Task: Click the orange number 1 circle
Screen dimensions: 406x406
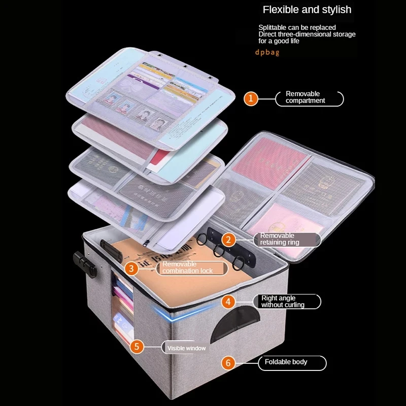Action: (251, 98)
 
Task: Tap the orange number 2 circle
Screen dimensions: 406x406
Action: (228, 240)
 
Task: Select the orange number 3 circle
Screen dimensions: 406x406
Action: (131, 268)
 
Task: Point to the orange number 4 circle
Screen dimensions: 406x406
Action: (228, 302)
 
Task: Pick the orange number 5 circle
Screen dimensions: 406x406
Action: (137, 348)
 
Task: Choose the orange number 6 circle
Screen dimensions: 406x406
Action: (228, 362)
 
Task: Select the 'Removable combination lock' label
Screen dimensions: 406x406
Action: (187, 268)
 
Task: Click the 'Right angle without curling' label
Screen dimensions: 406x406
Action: (287, 301)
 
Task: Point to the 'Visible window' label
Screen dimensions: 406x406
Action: (186, 348)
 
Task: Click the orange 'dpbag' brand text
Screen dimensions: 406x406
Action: (267, 52)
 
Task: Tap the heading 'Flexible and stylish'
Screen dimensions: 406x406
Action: (307, 10)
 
